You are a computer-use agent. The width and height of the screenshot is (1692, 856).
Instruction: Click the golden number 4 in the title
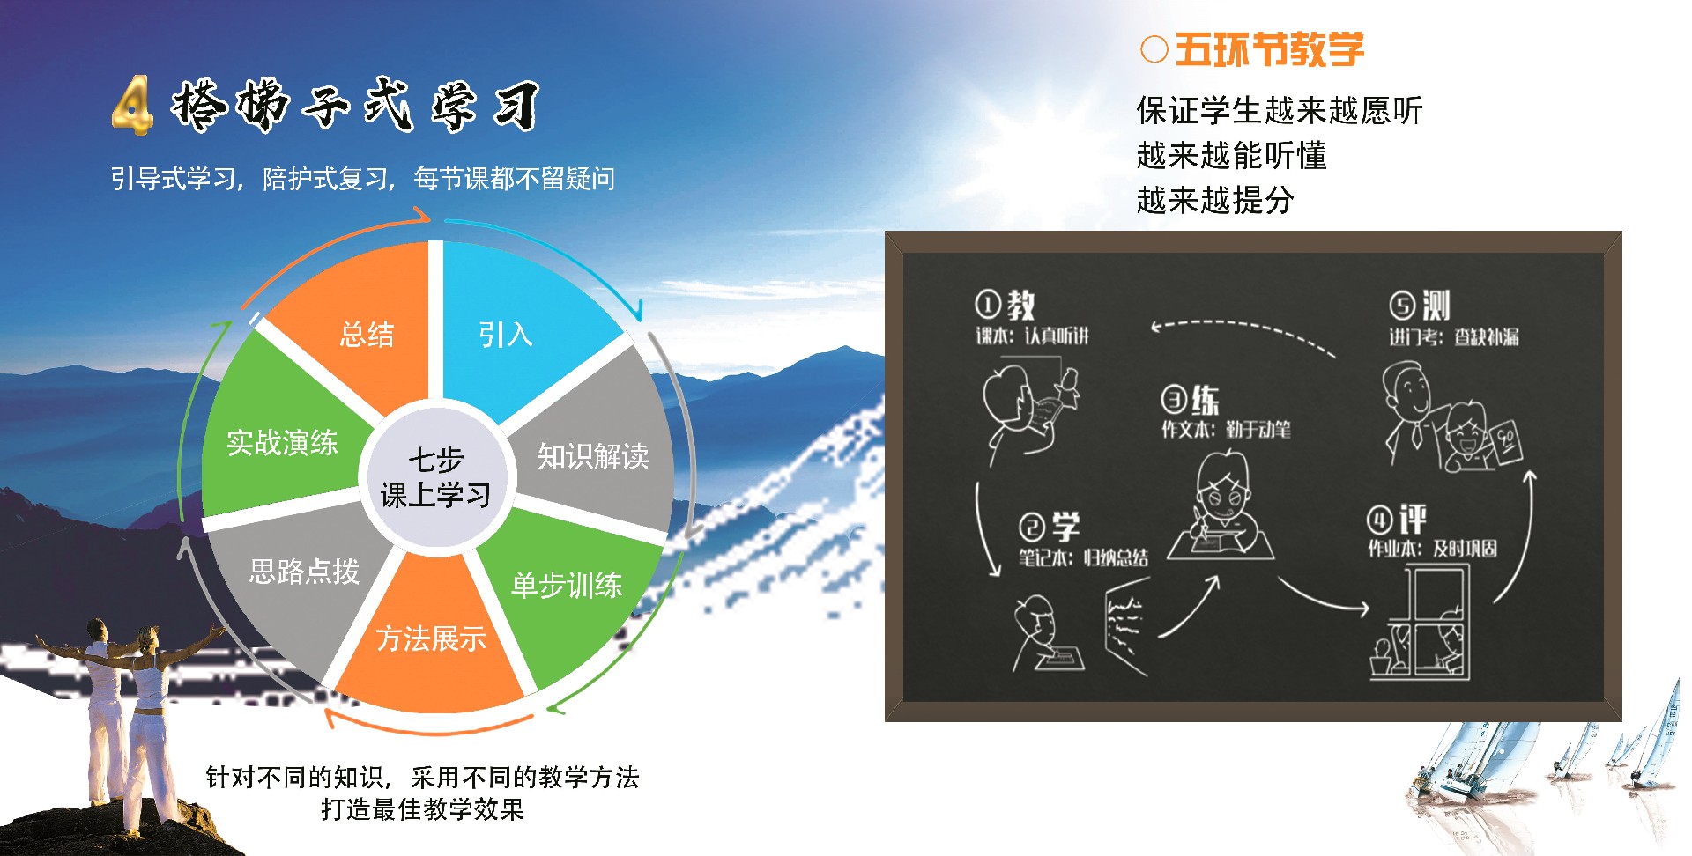pos(133,105)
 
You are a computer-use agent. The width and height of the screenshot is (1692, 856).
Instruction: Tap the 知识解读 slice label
pos(593,455)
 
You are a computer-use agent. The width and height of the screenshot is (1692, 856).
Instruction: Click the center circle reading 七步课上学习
pos(436,476)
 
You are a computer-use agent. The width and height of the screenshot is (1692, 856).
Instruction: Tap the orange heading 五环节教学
pos(1270,49)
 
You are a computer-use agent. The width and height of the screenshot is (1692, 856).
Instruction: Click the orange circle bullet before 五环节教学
pos(1154,49)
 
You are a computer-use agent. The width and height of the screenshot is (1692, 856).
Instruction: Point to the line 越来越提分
pos(1215,200)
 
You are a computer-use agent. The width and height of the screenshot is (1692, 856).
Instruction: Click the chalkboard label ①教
pos(1005,305)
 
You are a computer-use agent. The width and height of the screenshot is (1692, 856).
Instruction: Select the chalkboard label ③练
pos(1191,399)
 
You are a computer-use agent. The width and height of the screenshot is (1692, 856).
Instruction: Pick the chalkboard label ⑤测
pos(1420,306)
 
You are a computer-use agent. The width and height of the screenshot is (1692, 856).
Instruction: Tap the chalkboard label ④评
pos(1397,520)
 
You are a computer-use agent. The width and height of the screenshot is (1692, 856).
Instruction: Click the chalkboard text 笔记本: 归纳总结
pos(1083,557)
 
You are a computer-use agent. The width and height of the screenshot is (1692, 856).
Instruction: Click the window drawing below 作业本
pos(1419,622)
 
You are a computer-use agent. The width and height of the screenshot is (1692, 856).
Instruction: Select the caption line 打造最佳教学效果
pos(422,808)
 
